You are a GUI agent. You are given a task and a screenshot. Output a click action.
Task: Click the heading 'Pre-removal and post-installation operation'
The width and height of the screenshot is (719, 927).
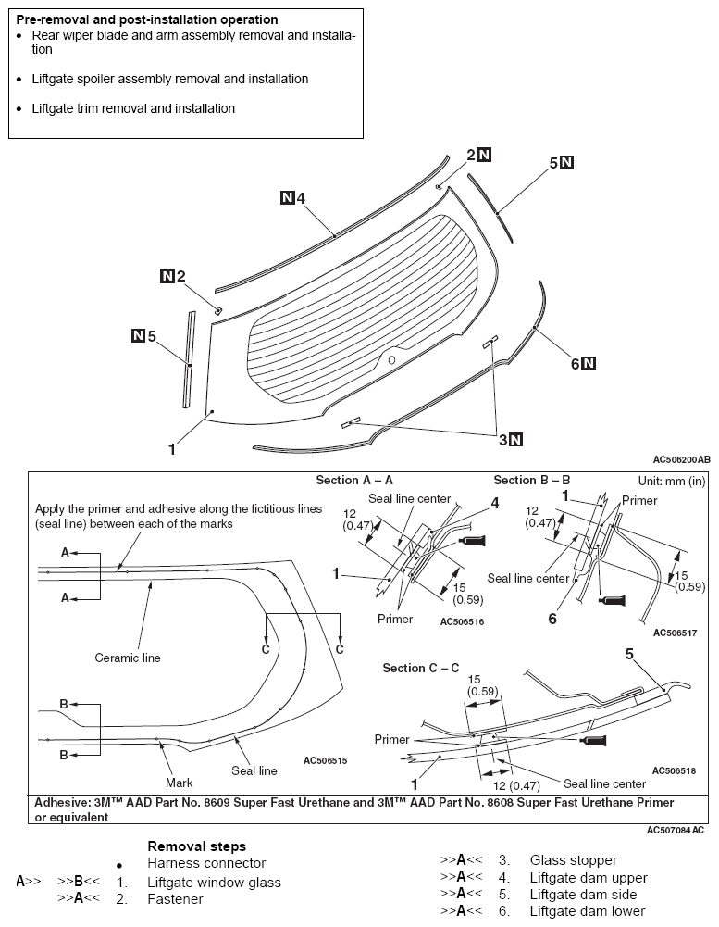click(x=146, y=19)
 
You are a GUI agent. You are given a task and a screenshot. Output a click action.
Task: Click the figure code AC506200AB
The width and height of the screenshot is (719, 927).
click(x=681, y=459)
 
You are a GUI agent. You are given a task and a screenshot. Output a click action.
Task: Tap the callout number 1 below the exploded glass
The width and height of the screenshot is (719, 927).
click(x=171, y=449)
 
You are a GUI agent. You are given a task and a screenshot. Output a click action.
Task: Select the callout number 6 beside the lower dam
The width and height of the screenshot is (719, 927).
click(x=575, y=364)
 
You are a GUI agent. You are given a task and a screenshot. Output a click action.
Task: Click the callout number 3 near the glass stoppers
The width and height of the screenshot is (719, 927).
click(x=502, y=440)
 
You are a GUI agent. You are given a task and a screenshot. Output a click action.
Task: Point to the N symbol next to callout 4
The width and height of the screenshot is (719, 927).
click(x=287, y=197)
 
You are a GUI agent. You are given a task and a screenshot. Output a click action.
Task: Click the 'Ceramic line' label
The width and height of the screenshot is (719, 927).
click(x=128, y=658)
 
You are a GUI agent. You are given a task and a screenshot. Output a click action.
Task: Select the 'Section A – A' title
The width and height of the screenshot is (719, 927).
click(x=354, y=480)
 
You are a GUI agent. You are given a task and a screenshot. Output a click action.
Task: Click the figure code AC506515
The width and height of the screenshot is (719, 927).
click(x=325, y=760)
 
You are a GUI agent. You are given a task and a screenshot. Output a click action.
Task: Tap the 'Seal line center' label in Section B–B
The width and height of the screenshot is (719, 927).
click(x=528, y=578)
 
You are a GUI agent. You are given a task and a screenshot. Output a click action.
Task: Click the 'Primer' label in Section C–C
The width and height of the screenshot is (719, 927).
click(x=391, y=740)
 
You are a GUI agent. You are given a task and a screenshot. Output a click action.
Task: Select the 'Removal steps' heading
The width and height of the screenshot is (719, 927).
click(x=196, y=846)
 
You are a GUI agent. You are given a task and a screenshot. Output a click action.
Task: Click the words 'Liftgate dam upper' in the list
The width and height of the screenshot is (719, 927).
click(x=589, y=878)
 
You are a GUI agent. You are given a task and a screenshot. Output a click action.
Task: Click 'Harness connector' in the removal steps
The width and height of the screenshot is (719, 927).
click(x=206, y=863)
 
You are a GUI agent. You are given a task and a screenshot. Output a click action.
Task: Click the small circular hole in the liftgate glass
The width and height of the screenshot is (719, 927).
click(x=390, y=359)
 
